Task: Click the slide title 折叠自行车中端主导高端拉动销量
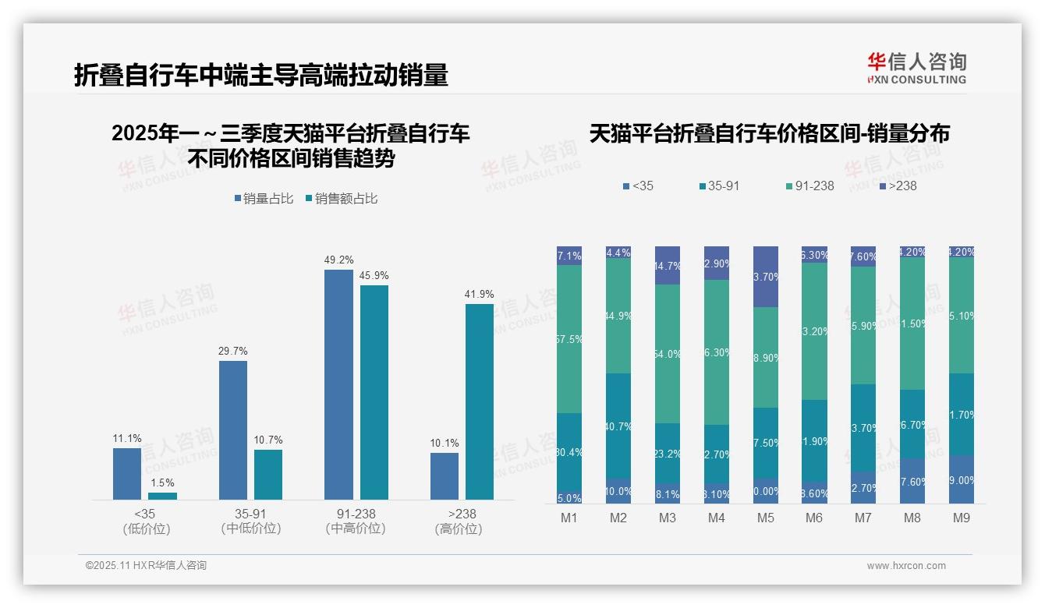(261, 76)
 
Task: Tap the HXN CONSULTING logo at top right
(916, 69)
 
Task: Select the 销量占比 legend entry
(264, 199)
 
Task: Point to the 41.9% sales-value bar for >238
(480, 401)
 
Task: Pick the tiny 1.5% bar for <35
(162, 496)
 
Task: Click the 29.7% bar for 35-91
(233, 429)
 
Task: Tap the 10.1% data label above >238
(445, 444)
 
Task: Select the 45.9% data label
(374, 276)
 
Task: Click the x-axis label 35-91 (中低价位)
(251, 521)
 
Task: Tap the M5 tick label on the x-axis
(766, 518)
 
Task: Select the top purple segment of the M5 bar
(766, 277)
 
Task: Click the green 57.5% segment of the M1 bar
(569, 339)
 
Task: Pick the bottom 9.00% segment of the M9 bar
(962, 479)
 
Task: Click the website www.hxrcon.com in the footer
(906, 566)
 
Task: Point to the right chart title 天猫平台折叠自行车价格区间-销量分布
(769, 133)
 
